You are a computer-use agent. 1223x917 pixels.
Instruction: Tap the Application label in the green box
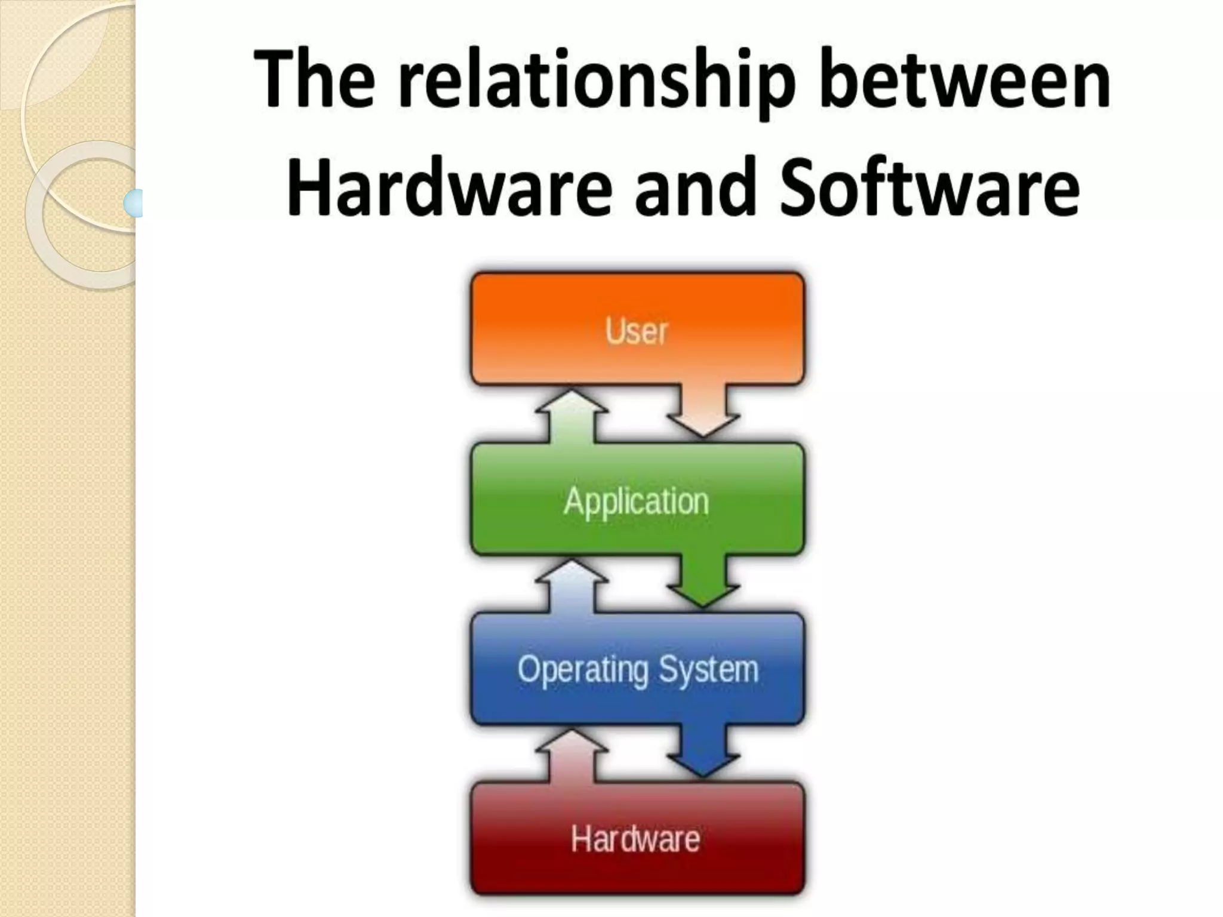coord(636,501)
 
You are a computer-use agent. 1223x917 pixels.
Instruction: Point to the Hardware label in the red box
coord(635,839)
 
